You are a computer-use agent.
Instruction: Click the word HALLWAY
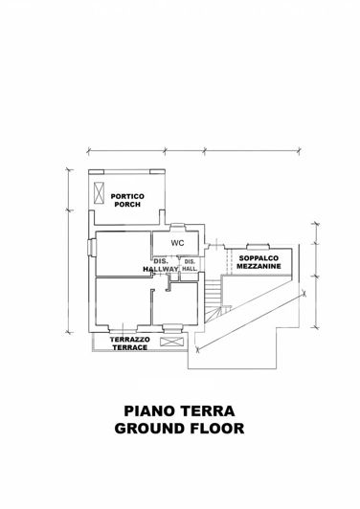160,271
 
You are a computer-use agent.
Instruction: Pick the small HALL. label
190,270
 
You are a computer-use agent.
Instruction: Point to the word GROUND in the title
147,428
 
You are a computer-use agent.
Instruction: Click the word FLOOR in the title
216,428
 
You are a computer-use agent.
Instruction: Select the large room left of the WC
122,254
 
